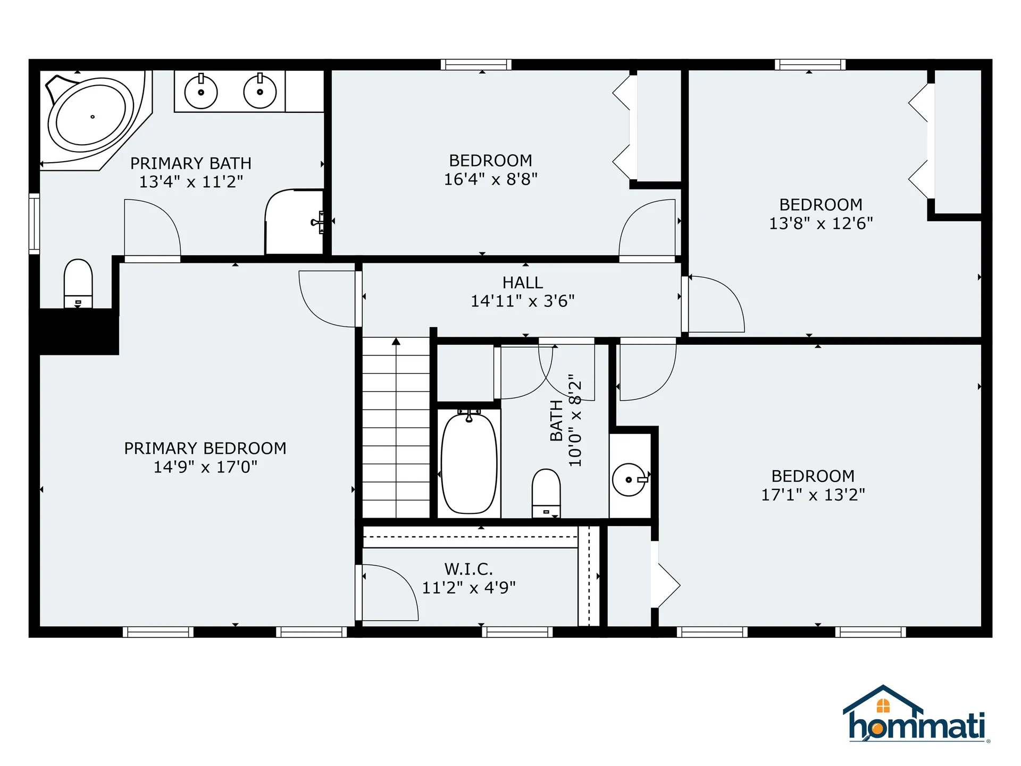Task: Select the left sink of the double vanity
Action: coord(201,92)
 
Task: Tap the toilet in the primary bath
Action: coord(78,282)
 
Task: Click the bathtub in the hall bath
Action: coord(469,463)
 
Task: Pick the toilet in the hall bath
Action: coord(546,492)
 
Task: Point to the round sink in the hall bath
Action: coord(629,479)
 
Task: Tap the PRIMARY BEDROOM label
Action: coord(205,448)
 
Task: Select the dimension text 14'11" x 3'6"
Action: coord(523,301)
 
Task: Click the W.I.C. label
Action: coord(468,569)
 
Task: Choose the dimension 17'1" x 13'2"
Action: coord(813,495)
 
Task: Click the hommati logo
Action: coord(916,715)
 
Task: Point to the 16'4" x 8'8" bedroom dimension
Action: coord(490,179)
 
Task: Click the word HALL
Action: coord(523,282)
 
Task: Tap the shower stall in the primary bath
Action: coord(294,222)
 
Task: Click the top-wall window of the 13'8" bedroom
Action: coord(810,64)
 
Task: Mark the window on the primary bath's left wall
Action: coord(34,223)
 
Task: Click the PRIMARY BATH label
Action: coord(191,163)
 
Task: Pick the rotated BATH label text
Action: coord(556,420)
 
